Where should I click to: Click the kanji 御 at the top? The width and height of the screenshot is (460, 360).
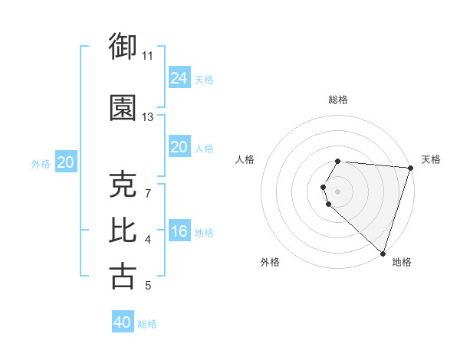tap(123, 47)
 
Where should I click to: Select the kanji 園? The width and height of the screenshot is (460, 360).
tap(123, 108)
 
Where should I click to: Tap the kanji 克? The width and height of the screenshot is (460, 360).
tap(123, 185)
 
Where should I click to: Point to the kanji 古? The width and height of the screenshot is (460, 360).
tap(123, 276)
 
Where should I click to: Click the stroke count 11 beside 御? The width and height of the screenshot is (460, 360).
tap(148, 56)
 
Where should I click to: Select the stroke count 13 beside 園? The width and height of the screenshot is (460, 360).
tap(148, 117)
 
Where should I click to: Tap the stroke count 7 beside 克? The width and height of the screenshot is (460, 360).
tap(148, 193)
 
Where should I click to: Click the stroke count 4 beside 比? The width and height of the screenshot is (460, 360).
tap(148, 241)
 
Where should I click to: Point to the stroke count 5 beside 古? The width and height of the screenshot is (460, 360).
tap(148, 286)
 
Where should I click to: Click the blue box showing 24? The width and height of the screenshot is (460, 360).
tap(179, 77)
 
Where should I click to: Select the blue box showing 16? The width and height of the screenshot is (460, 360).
tap(179, 231)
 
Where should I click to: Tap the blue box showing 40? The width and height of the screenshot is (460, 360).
tap(123, 322)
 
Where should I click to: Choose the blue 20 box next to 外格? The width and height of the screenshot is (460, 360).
tap(66, 162)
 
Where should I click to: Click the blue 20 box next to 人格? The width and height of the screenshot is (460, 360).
tap(179, 147)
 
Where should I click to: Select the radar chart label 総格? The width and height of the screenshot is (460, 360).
tap(338, 100)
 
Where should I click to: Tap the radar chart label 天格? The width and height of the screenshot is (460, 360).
tap(432, 159)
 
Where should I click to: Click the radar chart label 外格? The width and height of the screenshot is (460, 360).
tap(270, 262)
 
